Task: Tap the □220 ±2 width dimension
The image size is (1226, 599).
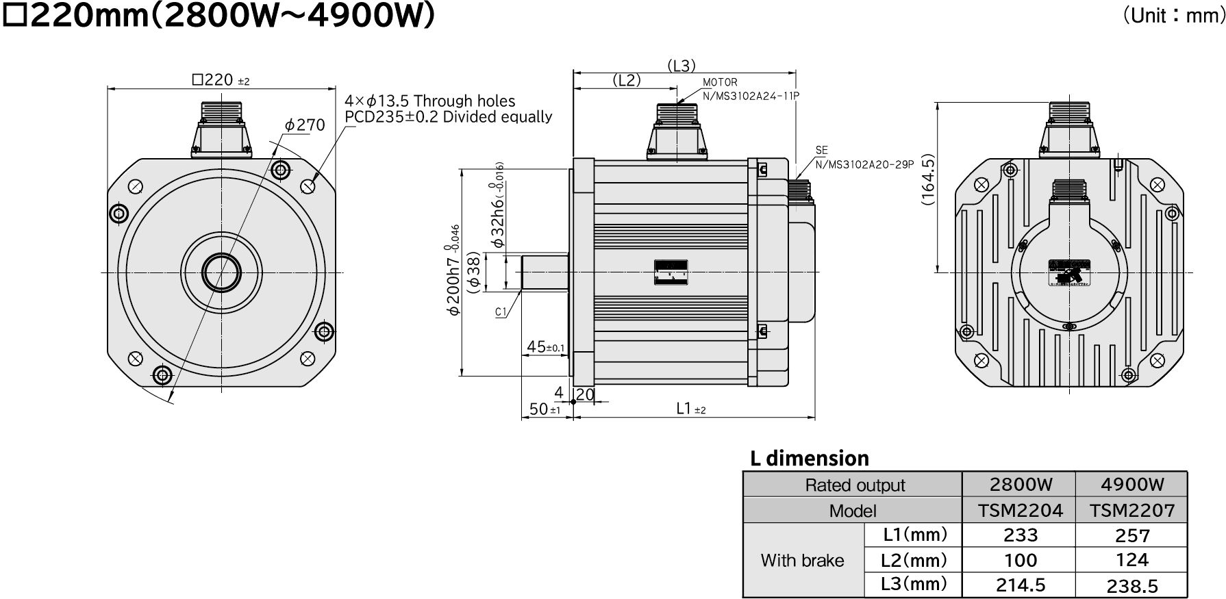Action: pos(221,80)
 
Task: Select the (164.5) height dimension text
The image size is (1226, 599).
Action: pos(927,179)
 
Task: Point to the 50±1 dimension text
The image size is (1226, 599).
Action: pos(545,409)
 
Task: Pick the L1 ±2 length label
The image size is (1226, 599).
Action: pos(690,409)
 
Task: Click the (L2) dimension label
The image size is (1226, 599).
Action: pos(626,80)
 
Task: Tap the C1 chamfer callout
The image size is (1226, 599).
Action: pos(501,312)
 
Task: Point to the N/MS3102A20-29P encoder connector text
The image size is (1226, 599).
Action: pos(864,164)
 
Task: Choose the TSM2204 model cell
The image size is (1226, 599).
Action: pos(1019,511)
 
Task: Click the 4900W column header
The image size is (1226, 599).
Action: pos(1131,485)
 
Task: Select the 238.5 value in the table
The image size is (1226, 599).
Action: pos(1131,585)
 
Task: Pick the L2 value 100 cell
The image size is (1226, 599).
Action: pos(1019,560)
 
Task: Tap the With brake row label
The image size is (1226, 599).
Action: pos(802,561)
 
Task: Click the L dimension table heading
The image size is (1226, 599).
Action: pos(810,458)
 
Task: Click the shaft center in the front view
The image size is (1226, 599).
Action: pos(221,272)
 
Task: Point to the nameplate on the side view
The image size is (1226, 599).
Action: pos(671,272)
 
